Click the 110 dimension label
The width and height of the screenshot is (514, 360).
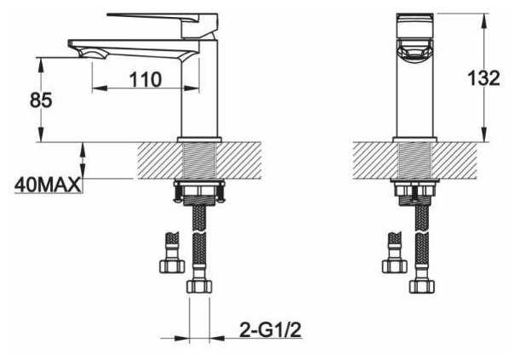point(146,79)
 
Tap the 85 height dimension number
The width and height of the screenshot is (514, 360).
point(41,100)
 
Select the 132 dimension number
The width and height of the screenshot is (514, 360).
point(483,78)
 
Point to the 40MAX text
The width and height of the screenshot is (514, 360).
point(47,185)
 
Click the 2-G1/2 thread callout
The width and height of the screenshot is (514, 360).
point(271,329)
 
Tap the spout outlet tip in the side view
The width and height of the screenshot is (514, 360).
point(89,54)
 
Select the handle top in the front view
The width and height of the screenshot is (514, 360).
point(414,26)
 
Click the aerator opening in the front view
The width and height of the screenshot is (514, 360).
point(414,50)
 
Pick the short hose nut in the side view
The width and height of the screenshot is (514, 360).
point(172,266)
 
